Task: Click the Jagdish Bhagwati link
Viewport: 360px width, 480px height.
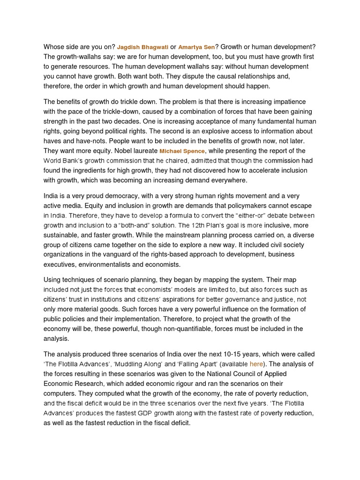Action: click(142, 47)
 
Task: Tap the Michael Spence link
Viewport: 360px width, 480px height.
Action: click(182, 151)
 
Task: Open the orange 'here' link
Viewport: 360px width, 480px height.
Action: click(256, 364)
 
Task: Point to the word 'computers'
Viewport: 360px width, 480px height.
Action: click(60, 393)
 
